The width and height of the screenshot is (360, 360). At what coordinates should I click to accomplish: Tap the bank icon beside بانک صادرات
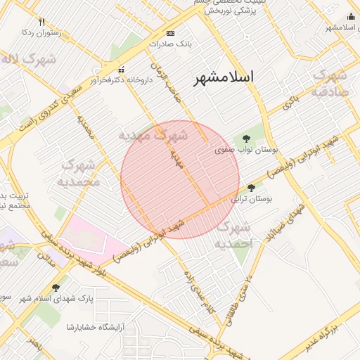(170, 33)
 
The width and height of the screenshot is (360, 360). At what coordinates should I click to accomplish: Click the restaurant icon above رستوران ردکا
(41, 22)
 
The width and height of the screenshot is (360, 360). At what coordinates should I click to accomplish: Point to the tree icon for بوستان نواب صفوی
(245, 138)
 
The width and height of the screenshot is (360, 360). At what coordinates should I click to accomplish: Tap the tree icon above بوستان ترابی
(252, 188)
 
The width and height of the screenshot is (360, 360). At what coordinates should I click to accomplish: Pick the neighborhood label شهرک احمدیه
(233, 236)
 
